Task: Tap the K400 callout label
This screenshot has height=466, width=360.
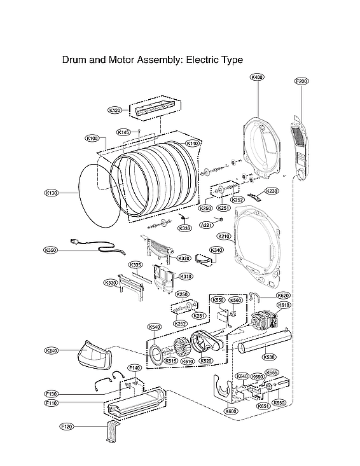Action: (257, 77)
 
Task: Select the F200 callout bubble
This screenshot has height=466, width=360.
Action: (301, 81)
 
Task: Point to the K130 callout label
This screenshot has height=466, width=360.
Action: (51, 193)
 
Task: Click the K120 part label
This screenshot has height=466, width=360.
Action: (114, 110)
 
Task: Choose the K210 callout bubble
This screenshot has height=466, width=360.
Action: (224, 236)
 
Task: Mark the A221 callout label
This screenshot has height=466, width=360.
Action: (206, 225)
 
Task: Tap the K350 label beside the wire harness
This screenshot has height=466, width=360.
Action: (51, 250)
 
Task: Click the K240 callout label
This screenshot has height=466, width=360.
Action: (52, 350)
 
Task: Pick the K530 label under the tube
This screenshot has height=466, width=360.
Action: (269, 358)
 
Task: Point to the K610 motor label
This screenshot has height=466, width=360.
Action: (284, 305)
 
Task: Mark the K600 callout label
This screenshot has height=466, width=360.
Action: (230, 411)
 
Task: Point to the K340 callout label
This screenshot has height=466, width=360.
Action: (216, 250)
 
